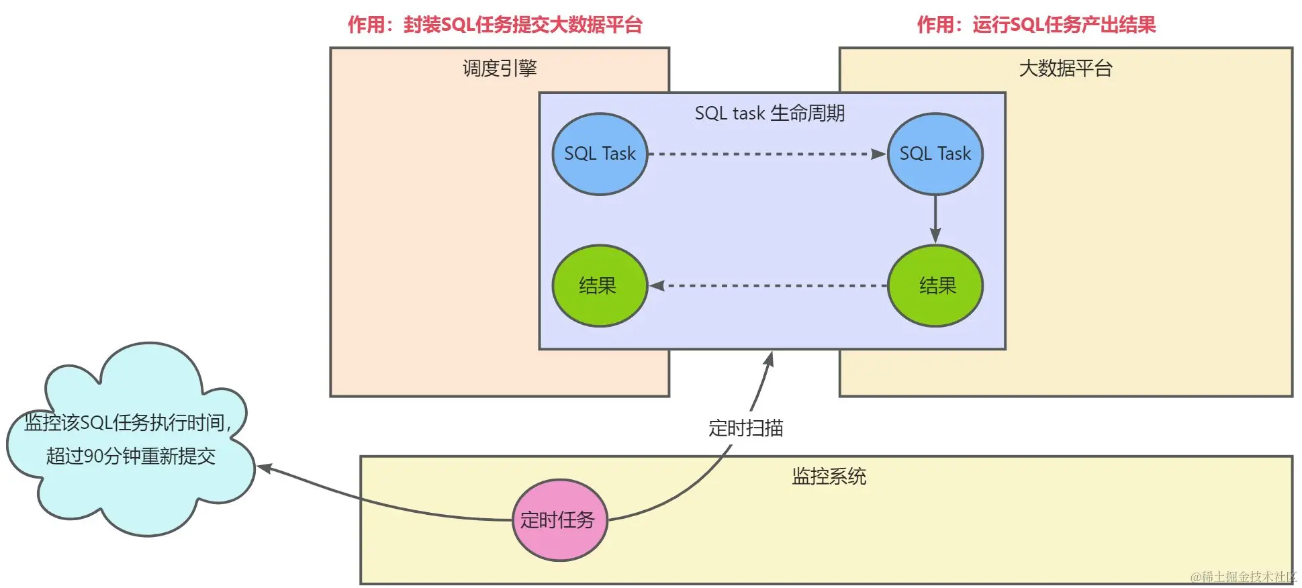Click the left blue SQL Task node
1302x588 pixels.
[600, 154]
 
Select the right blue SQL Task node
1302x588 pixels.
[935, 154]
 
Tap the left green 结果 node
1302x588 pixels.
[600, 286]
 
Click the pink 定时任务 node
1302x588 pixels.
[559, 520]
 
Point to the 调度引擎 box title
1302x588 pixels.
[500, 68]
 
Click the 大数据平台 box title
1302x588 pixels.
[1066, 68]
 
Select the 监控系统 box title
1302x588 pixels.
[829, 477]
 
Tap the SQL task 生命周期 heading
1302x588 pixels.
[770, 113]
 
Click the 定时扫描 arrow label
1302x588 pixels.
[745, 428]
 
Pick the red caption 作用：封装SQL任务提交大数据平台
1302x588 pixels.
[495, 25]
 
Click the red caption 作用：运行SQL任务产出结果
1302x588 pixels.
[1036, 25]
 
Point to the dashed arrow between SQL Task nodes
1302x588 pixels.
[765, 154]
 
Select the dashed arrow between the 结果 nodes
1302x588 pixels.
[769, 286]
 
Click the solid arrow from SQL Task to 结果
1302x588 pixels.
[935, 218]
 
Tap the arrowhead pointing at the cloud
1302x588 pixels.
[264, 468]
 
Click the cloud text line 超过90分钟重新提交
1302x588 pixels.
[131, 456]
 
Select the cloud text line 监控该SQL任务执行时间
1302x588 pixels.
[128, 423]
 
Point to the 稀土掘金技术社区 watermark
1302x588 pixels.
[1243, 577]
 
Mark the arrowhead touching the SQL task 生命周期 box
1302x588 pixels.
[770, 359]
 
